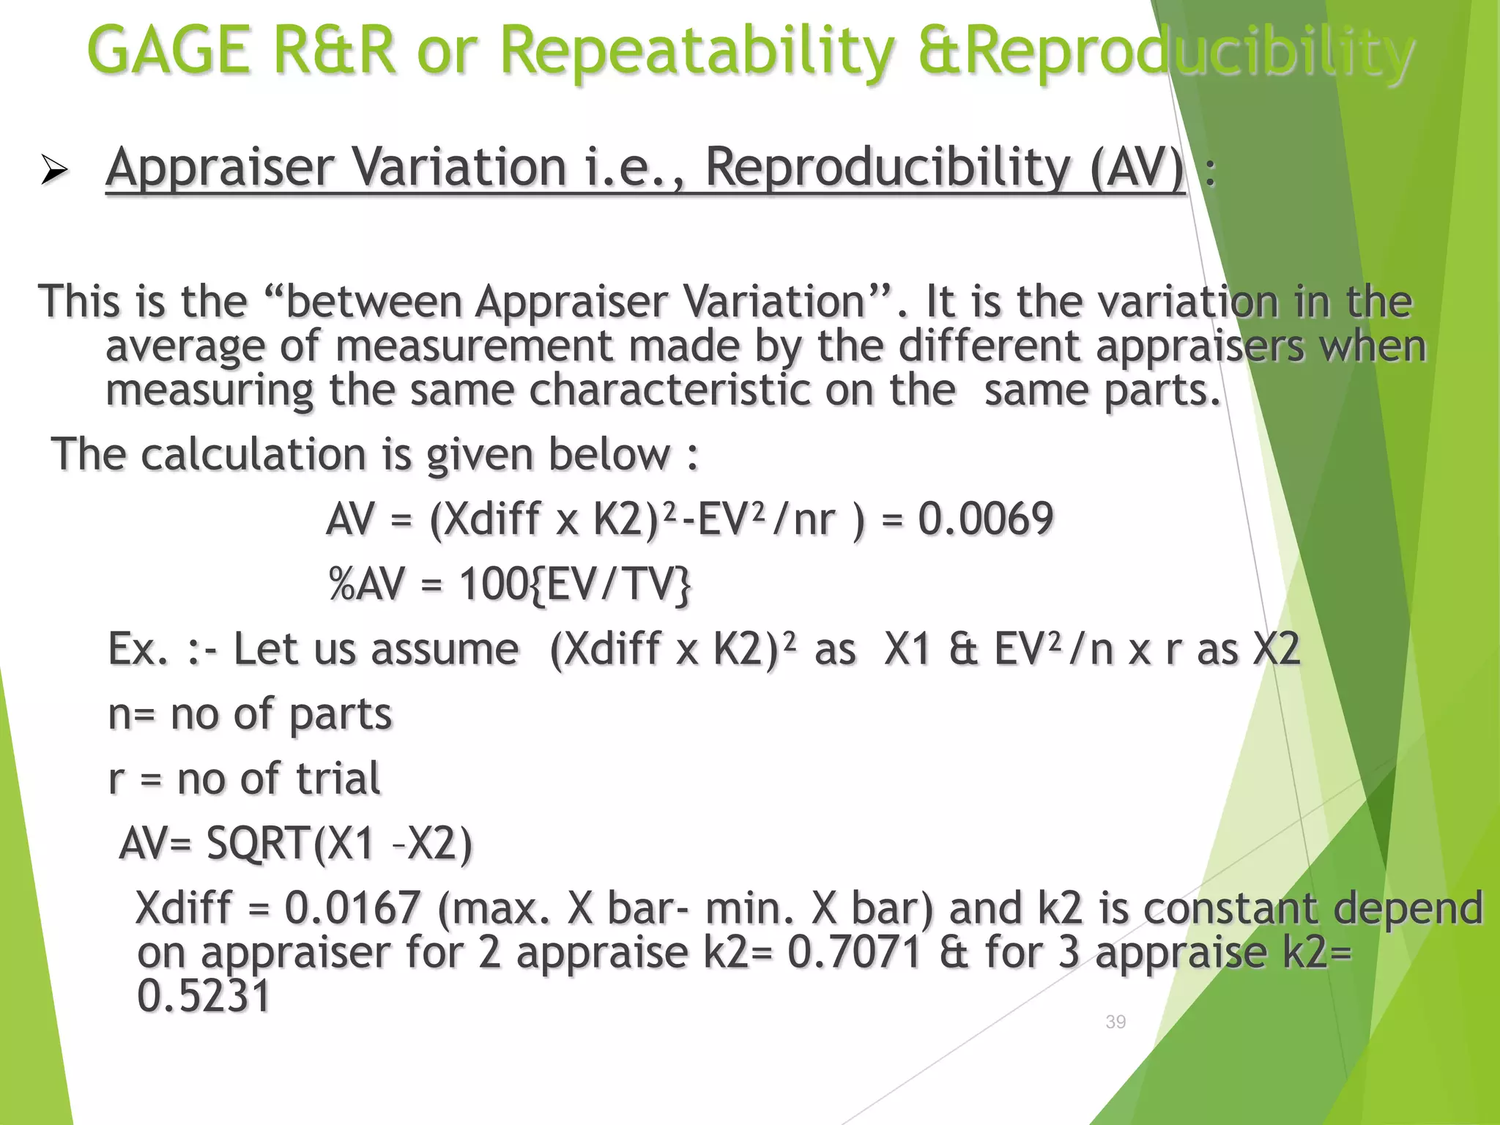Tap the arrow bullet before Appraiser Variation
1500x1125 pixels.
point(54,171)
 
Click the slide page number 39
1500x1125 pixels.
point(1115,1022)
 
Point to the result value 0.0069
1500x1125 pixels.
point(985,519)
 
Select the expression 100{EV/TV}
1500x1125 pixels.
point(575,584)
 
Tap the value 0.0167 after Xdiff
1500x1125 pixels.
point(352,907)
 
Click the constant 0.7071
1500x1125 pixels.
point(854,952)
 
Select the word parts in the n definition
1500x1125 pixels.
point(341,714)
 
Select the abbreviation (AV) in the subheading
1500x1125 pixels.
point(1137,168)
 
